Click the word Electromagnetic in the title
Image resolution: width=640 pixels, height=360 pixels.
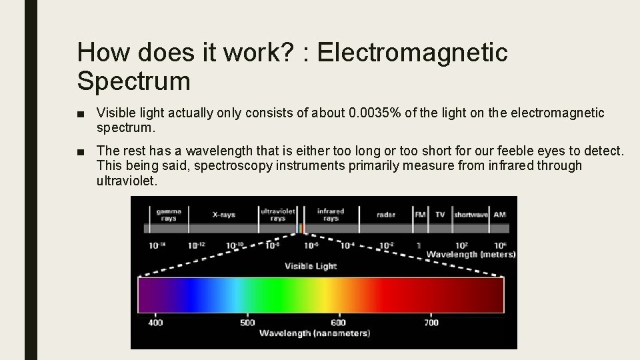coord(413,52)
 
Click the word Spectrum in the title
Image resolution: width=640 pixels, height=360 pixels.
coord(133,81)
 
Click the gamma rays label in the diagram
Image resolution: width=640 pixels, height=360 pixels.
coord(169,214)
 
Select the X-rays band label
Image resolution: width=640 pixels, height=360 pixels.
coord(223,215)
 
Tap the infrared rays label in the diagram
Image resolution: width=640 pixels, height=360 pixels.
coord(331,214)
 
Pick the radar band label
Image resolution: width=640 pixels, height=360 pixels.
coord(385,215)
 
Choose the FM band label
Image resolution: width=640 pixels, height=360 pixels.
coord(420,215)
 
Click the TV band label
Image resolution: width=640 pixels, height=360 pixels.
coord(440,215)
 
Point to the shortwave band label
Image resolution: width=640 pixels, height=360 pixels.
coord(471,215)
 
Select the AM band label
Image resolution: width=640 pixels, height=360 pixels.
coord(499,215)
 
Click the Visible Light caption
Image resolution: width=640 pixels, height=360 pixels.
coord(311,266)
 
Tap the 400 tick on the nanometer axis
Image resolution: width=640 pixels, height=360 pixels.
coord(155,323)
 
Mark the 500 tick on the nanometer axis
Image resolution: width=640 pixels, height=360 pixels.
coord(247,323)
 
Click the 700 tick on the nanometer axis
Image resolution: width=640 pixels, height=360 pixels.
coord(431,323)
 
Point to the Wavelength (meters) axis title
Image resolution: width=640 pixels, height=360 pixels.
coord(471,254)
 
